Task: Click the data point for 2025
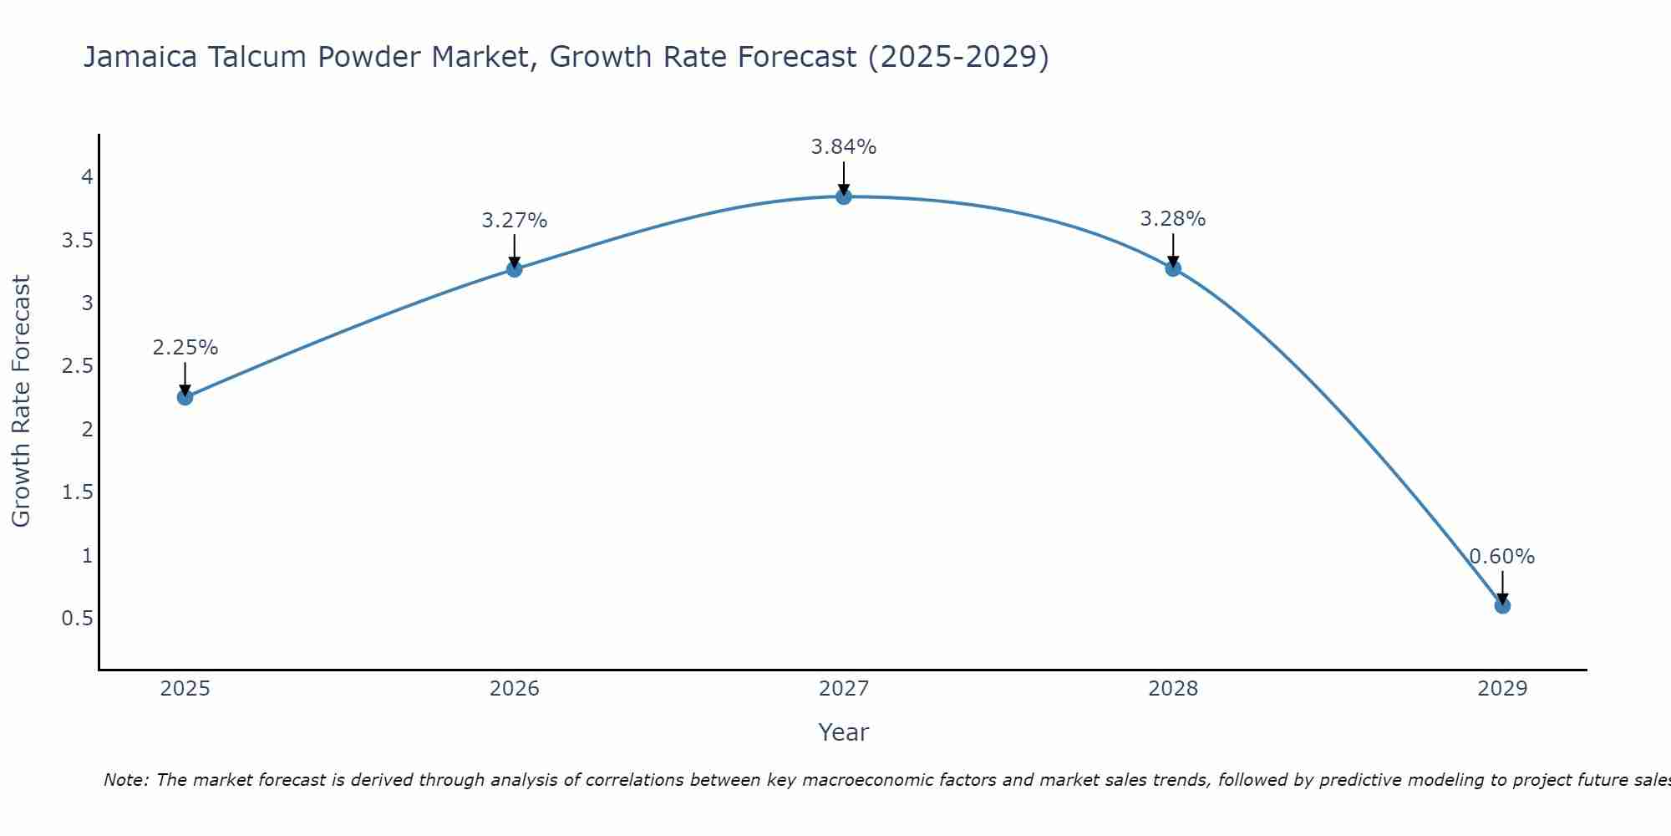point(185,397)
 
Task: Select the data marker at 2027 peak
point(844,196)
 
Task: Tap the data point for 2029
point(1502,605)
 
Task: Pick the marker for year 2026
point(515,269)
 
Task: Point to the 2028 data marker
point(1173,268)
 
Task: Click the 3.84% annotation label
point(844,147)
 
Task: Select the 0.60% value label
point(1502,557)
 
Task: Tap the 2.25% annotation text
point(185,348)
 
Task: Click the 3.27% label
point(515,221)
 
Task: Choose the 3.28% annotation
point(1173,219)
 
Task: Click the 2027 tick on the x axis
point(844,689)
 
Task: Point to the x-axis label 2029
point(1502,689)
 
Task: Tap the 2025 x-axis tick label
point(185,689)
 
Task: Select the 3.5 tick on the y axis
point(77,241)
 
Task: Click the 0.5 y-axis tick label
point(77,619)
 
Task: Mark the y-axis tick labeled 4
point(87,177)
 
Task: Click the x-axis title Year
point(844,732)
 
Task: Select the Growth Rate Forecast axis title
point(21,401)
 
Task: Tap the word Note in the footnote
point(125,780)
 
